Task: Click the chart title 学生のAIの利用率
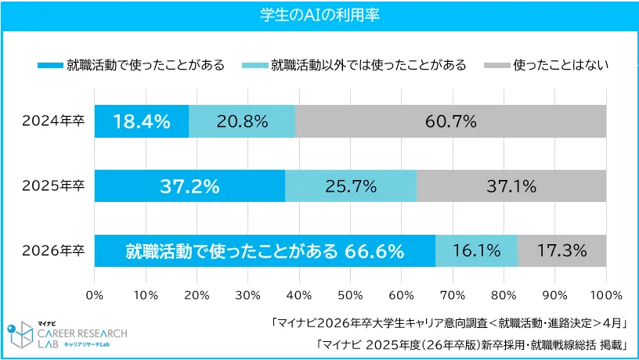point(319,16)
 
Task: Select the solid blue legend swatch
point(49,65)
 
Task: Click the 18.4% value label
point(142,121)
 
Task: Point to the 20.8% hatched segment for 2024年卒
point(243,121)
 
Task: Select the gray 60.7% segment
point(451,121)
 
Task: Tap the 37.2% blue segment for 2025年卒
point(190,186)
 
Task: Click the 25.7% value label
point(351,186)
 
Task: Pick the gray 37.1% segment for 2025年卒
point(512,186)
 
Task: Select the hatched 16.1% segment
point(477,251)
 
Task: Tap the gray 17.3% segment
point(562,251)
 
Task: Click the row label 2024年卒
point(53,121)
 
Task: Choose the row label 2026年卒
point(53,251)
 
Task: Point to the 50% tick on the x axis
point(350,295)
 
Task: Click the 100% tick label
point(605,295)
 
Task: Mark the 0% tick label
point(95,295)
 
